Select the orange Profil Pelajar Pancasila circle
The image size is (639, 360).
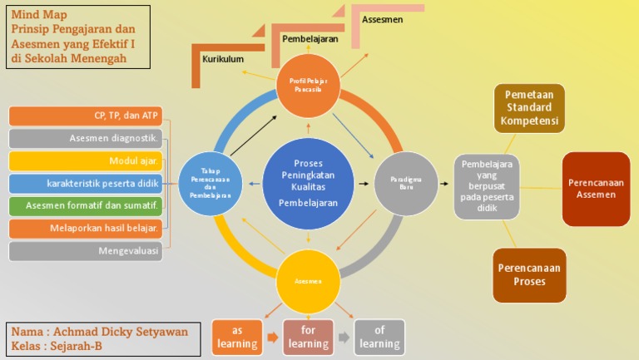click(308, 85)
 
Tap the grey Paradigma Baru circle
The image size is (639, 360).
click(406, 183)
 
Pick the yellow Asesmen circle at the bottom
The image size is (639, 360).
click(308, 281)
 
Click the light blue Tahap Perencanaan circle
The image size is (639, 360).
click(210, 183)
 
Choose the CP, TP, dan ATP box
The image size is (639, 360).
click(86, 116)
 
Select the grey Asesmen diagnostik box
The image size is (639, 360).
click(86, 138)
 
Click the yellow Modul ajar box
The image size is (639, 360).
click(86, 160)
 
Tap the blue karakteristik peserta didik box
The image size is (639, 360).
click(86, 183)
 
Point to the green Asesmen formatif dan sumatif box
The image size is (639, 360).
click(86, 205)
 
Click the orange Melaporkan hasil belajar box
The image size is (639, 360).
click(86, 228)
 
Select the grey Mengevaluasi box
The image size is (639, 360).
click(86, 250)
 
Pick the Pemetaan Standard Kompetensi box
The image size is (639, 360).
click(529, 108)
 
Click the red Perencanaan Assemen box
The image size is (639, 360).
click(596, 189)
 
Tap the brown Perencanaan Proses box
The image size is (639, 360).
click(529, 275)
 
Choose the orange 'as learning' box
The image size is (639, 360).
click(237, 337)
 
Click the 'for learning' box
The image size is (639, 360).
click(309, 337)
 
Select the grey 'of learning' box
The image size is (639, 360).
click(379, 337)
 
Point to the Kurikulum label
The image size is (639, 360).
click(223, 59)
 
